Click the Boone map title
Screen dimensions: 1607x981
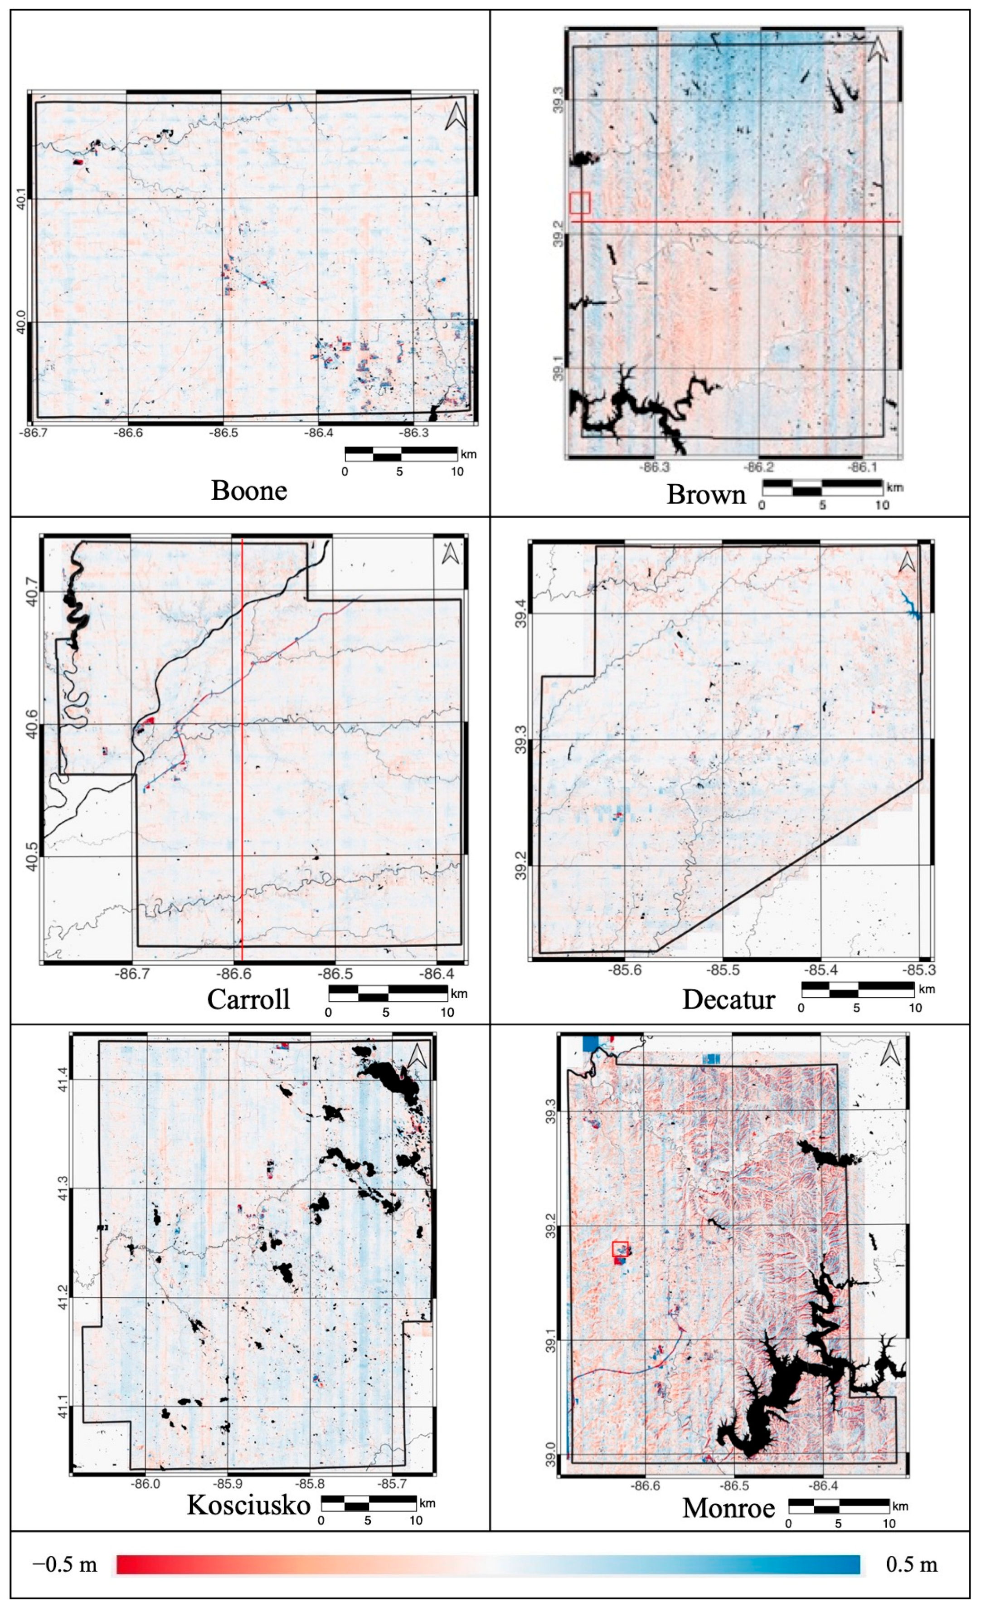(248, 491)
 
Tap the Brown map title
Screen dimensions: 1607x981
(705, 494)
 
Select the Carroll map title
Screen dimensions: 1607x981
(248, 998)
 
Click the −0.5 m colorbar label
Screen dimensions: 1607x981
(64, 1564)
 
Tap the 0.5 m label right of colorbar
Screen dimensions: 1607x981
(911, 1564)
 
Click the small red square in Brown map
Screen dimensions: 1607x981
(579, 203)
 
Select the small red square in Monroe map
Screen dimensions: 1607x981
(620, 1248)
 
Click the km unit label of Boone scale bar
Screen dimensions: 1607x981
(468, 454)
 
